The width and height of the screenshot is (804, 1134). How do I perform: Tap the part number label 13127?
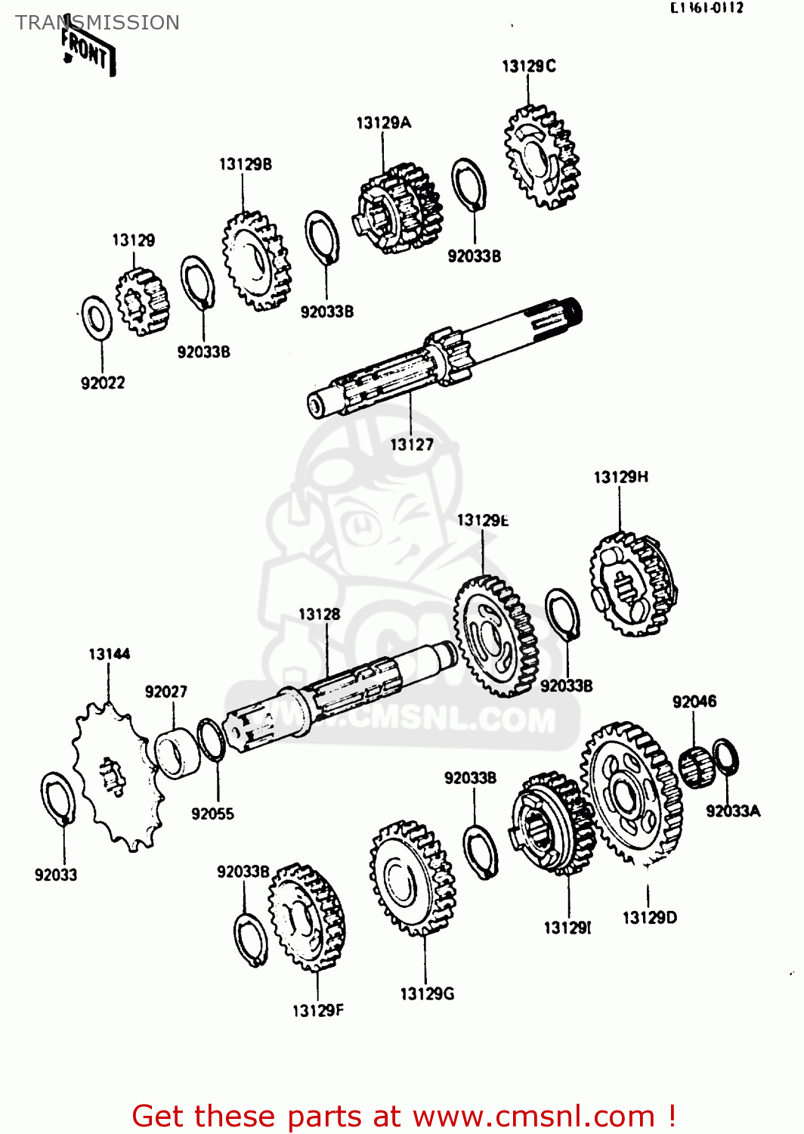[x=412, y=445]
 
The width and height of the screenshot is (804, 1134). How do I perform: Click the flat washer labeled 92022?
[x=97, y=318]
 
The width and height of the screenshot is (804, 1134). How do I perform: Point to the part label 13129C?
[x=528, y=67]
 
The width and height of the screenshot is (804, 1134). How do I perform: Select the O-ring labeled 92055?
[x=210, y=740]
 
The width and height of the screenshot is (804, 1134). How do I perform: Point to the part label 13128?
[x=319, y=615]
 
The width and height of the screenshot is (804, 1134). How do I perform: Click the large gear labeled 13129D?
[x=632, y=793]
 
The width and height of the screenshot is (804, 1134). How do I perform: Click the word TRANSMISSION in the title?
[x=97, y=23]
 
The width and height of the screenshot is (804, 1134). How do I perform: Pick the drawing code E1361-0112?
[x=707, y=8]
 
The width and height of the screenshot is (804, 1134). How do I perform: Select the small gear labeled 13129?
[x=142, y=302]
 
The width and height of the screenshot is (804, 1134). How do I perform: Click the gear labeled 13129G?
[x=413, y=879]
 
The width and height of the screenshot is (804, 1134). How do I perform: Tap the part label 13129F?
[x=317, y=1011]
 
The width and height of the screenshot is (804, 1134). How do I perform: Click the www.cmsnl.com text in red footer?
[x=533, y=1116]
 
